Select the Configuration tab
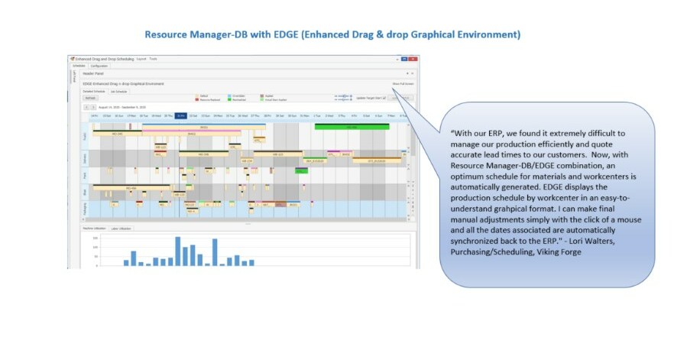coord(99,66)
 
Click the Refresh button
coord(90,98)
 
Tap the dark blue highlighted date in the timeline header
coord(180,115)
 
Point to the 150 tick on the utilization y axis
coord(96,238)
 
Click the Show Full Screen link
coord(402,83)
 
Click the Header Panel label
coord(93,73)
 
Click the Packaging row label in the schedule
coord(86,207)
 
